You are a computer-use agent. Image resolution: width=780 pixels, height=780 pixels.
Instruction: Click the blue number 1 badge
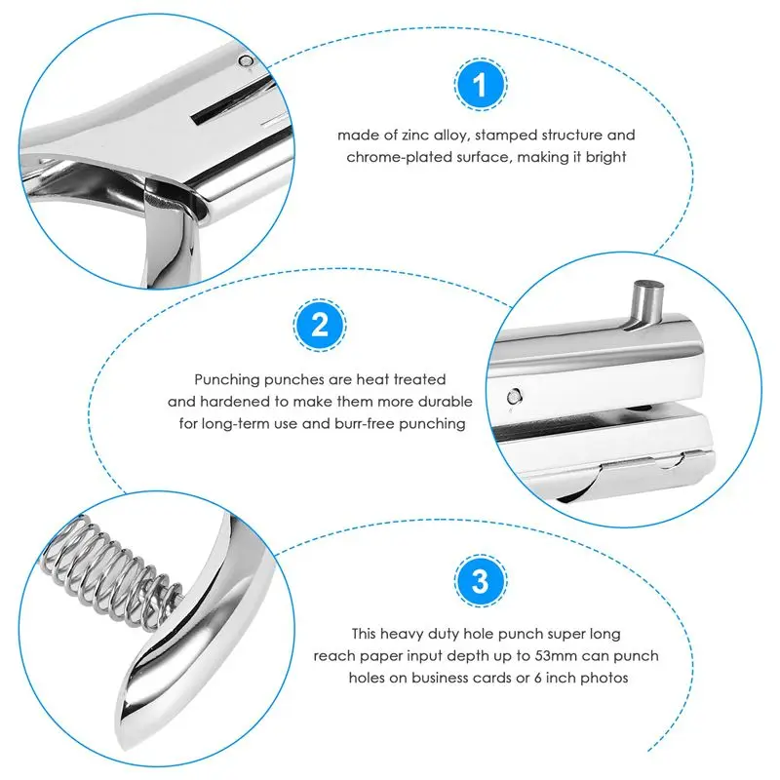coord(481,85)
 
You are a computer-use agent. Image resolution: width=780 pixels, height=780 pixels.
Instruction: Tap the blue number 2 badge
coord(320,325)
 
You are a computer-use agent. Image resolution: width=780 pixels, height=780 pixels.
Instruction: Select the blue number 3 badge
coord(481,580)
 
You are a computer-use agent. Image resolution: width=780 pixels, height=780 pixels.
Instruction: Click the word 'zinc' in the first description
coord(415,136)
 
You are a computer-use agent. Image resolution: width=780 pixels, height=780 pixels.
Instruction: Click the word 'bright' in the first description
coord(605,158)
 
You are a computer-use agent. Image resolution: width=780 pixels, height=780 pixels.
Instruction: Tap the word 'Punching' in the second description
coord(227,380)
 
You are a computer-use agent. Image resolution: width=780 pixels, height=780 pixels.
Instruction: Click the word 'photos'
coord(604,678)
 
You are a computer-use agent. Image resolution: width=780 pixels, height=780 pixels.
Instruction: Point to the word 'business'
coord(439,678)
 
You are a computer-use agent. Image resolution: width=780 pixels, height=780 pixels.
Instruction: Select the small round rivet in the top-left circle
coord(246,61)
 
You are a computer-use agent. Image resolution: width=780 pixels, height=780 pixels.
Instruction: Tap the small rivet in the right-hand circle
coord(515,397)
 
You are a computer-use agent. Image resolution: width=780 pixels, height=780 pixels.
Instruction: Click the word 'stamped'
coord(506,136)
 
